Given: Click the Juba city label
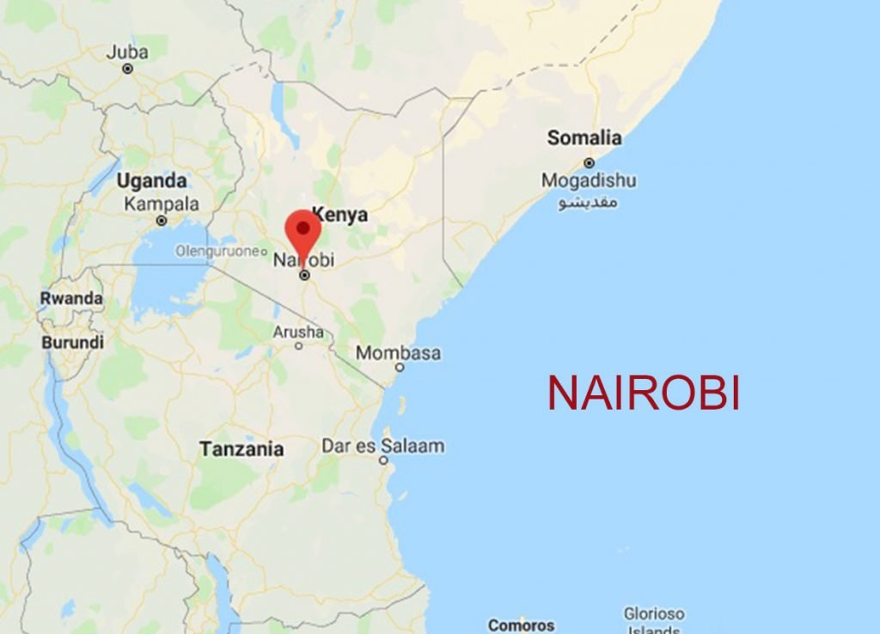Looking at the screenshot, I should click(127, 52).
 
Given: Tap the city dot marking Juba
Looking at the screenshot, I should click(128, 69).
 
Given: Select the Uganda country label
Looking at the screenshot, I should click(151, 181).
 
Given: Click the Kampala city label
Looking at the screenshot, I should click(162, 204).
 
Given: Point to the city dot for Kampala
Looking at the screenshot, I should click(162, 221).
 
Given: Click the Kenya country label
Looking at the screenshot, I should click(339, 215).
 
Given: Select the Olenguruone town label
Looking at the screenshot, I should click(217, 251).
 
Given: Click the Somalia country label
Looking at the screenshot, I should click(584, 137).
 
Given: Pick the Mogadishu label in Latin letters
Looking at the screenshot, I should click(589, 181).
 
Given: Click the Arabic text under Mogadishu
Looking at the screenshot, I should click(589, 203).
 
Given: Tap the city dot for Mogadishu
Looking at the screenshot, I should click(590, 162).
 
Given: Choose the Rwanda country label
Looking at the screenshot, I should click(71, 298).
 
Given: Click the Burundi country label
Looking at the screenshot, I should click(72, 342).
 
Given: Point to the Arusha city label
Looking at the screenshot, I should click(298, 332).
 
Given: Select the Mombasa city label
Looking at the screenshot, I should click(398, 353).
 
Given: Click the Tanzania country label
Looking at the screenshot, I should click(241, 448).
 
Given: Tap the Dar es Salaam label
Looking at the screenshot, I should click(383, 446).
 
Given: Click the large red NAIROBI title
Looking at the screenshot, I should click(644, 393).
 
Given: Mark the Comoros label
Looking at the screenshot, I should click(521, 625).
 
